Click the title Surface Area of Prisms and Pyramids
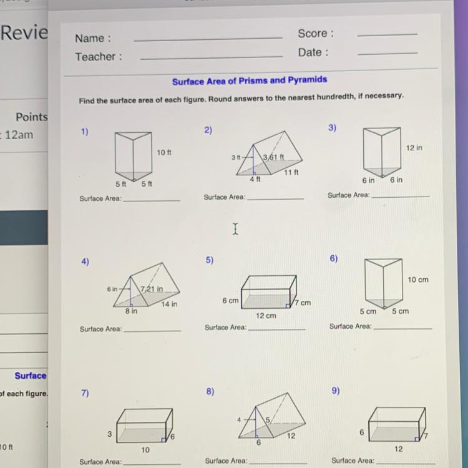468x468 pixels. (250, 80)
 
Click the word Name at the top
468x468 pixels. (89, 38)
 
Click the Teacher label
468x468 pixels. (95, 56)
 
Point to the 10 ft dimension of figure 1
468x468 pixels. (164, 152)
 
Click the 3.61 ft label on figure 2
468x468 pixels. (273, 157)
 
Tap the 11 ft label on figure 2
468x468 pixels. (291, 172)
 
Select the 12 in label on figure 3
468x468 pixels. (414, 148)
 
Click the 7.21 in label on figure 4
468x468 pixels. (152, 289)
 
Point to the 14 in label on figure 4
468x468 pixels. (169, 304)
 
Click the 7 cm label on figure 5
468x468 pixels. (303, 303)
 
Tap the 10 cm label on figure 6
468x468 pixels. (418, 280)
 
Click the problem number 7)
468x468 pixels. (85, 393)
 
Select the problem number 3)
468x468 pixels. (332, 128)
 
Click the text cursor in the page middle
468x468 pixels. (235, 229)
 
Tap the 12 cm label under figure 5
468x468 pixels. (266, 316)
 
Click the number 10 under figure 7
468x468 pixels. (145, 450)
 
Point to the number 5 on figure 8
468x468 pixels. (268, 420)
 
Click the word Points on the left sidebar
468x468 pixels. (32, 117)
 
